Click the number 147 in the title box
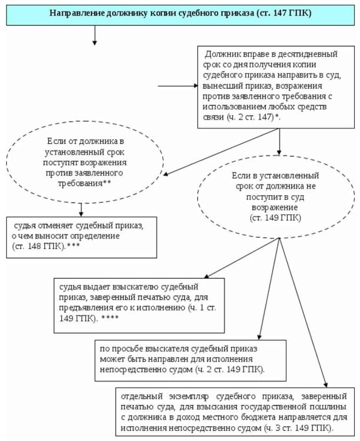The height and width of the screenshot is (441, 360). (x=279, y=13)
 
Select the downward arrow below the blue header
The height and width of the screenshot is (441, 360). (x=95, y=35)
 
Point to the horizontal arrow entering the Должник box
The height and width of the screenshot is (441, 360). (x=178, y=86)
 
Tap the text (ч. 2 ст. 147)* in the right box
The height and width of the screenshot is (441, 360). (x=254, y=117)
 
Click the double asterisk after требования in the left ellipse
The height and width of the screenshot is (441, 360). (x=107, y=182)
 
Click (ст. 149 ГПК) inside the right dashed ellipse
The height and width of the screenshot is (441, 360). (x=275, y=218)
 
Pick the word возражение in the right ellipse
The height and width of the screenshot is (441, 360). (x=275, y=208)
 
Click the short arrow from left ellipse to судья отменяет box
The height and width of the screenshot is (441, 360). (x=81, y=209)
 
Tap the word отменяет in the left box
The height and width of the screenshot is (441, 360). (x=55, y=225)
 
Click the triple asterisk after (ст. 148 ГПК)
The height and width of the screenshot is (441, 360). (x=74, y=245)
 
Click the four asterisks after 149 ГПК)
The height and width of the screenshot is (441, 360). (x=110, y=317)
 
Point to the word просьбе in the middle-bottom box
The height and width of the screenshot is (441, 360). (x=127, y=349)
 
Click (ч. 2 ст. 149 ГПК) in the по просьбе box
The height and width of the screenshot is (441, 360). (x=229, y=370)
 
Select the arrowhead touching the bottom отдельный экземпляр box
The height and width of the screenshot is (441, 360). (x=326, y=385)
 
